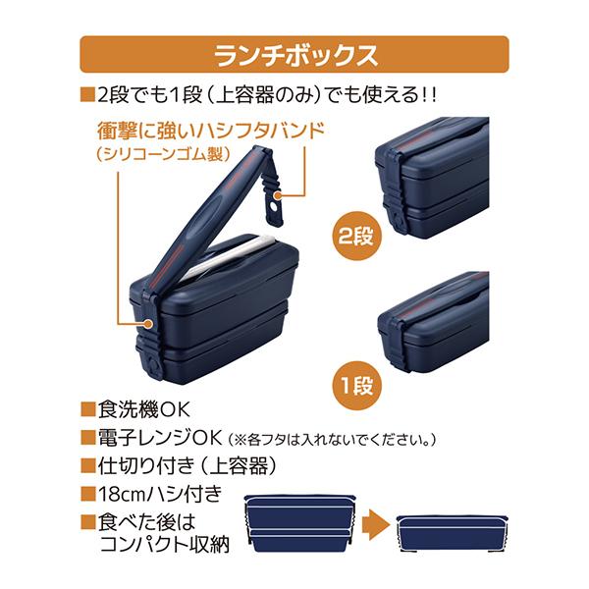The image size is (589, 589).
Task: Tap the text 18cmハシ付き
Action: point(157,493)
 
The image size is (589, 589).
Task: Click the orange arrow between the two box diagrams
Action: point(373,525)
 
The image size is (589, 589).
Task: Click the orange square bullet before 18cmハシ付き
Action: point(86,493)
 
